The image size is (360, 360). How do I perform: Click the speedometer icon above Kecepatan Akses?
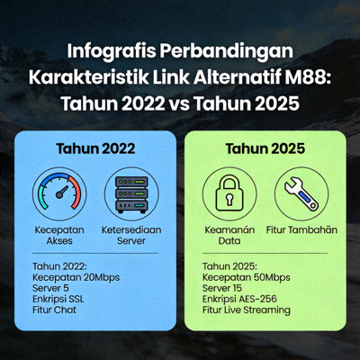pyautogui.click(x=61, y=192)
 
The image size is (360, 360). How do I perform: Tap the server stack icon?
pyautogui.click(x=130, y=192)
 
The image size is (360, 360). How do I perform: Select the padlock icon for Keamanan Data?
pyautogui.click(x=228, y=191)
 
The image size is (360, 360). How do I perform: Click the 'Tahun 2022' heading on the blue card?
pyautogui.click(x=96, y=148)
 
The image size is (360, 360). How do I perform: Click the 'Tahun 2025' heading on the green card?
pyautogui.click(x=263, y=148)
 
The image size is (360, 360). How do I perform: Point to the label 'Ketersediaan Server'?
pyautogui.click(x=130, y=235)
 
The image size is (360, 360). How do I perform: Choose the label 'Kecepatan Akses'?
pyautogui.click(x=61, y=235)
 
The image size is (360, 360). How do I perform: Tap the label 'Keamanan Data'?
pyautogui.click(x=228, y=235)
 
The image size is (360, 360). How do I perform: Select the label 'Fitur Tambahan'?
pyautogui.click(x=301, y=229)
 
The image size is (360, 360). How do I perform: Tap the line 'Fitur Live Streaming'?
pyautogui.click(x=247, y=310)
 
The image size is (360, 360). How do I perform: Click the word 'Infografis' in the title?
pyautogui.click(x=114, y=50)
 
